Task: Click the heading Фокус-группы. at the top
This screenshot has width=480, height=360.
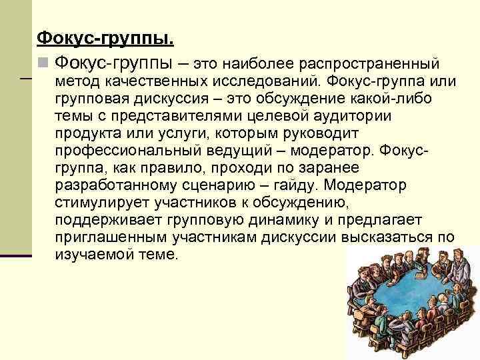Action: pos(105,39)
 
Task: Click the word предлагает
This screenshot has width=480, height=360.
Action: pos(390,220)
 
